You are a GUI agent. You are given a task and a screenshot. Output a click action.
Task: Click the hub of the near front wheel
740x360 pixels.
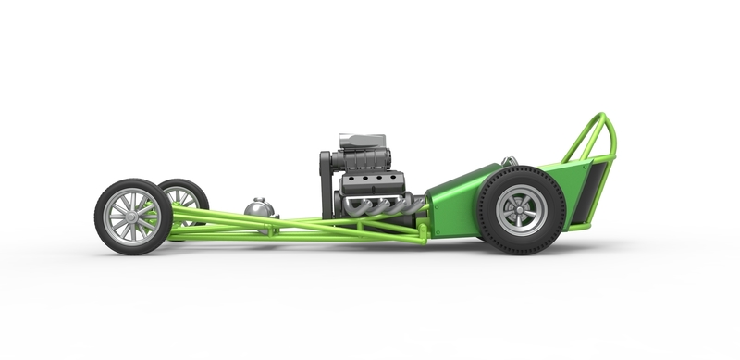click(x=132, y=217)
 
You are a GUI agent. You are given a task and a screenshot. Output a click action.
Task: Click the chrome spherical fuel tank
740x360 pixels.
click(x=259, y=209)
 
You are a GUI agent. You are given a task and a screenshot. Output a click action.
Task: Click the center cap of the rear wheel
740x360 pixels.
click(x=522, y=210)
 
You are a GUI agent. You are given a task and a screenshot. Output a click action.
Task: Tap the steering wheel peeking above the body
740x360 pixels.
click(x=510, y=161)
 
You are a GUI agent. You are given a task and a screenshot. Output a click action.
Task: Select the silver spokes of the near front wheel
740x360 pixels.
click(x=121, y=209)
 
